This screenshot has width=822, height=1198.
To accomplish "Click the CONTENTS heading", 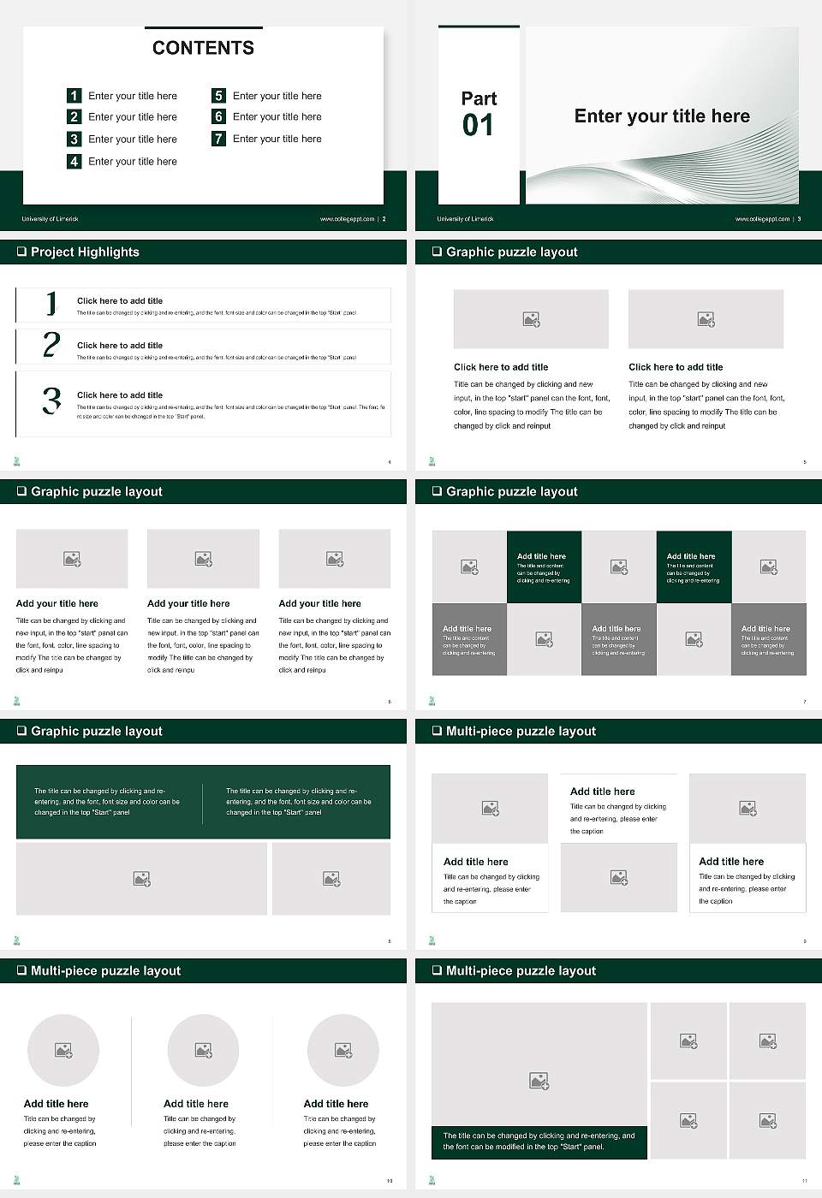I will [x=203, y=48].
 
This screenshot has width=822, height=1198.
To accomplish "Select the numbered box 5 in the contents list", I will [x=219, y=96].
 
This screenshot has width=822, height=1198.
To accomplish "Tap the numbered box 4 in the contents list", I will [x=74, y=161].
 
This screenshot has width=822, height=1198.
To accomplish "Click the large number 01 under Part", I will [x=478, y=126].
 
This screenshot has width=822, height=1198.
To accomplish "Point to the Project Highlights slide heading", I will [x=85, y=252].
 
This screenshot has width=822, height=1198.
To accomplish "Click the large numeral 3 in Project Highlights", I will [x=52, y=400].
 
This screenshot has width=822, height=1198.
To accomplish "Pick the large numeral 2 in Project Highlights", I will [x=51, y=345].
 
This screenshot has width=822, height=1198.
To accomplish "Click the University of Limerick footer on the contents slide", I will [x=50, y=219].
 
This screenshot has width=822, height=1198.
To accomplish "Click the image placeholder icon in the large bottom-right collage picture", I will [x=539, y=1081].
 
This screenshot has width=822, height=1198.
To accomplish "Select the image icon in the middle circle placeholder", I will [x=203, y=1050].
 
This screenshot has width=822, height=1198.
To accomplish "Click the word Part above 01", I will [x=479, y=98].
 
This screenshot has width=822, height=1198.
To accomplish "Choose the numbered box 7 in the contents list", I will [x=219, y=139].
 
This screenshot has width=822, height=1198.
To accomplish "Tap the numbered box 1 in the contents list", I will [x=74, y=96].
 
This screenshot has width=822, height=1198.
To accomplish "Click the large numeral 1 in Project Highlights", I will [x=51, y=303].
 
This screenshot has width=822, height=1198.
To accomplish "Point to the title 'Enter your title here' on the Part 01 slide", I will [x=662, y=116].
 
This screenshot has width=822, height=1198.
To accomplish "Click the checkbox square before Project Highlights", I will [x=21, y=252].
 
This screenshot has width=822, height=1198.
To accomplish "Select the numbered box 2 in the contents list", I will [x=74, y=117].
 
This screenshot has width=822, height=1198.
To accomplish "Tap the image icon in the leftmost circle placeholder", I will [x=63, y=1050].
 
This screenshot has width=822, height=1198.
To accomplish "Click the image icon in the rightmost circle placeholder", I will [x=343, y=1050].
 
